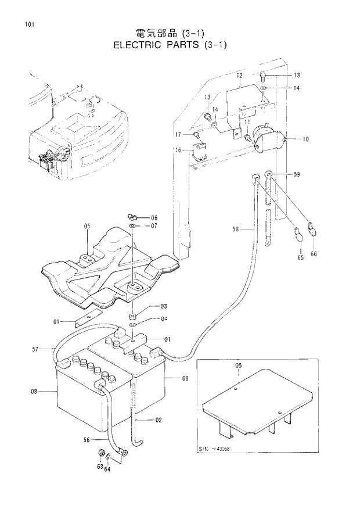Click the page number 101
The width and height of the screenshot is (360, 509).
click(x=24, y=24)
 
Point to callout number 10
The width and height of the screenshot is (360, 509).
click(x=306, y=139)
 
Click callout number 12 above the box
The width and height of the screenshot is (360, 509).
click(x=239, y=76)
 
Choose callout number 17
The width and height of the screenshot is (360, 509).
click(x=179, y=134)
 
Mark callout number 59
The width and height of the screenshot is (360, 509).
click(x=297, y=174)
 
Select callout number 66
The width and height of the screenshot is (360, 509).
click(x=314, y=254)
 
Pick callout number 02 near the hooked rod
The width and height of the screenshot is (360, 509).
click(x=159, y=420)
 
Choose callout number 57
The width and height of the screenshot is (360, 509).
click(x=35, y=349)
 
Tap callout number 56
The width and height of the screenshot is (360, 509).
click(x=87, y=440)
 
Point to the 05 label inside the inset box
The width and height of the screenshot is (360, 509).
click(x=238, y=366)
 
